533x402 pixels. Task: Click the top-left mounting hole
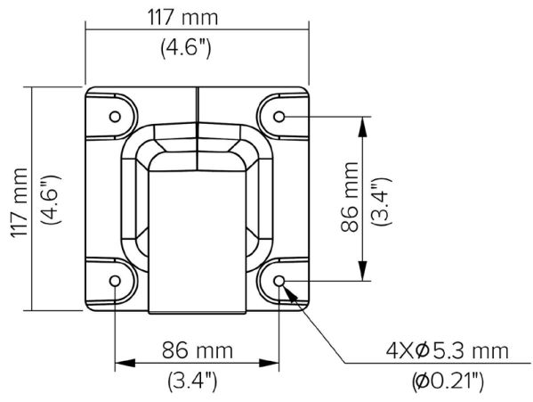pos(116,117)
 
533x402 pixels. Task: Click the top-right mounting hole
pos(279,117)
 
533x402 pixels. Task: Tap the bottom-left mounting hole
pos(116,282)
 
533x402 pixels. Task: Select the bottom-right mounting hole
pos(279,282)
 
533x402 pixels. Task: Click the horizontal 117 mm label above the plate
pos(185,19)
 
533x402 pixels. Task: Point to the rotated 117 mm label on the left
pos(19,198)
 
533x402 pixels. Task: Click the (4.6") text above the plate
pos(185,48)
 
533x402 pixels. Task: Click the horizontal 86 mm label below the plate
pos(197,350)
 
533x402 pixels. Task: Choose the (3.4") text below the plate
pos(193,382)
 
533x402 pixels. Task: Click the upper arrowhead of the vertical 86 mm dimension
pos(362,126)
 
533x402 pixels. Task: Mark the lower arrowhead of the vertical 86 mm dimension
pos(362,273)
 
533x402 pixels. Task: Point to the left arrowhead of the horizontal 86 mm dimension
pos(125,364)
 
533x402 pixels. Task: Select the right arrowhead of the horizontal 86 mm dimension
pos(271,364)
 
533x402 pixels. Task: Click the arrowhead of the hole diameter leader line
pos(287,290)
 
